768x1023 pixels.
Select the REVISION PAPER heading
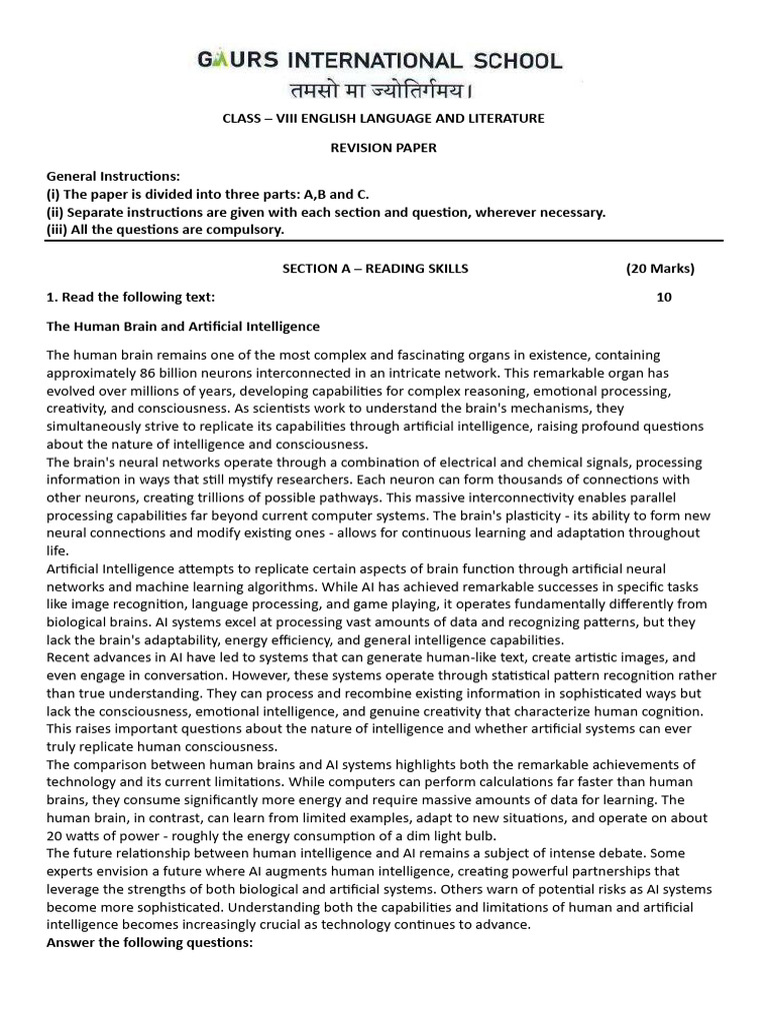(x=383, y=148)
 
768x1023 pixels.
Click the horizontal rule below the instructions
(x=384, y=241)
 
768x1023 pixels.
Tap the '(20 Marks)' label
(x=659, y=269)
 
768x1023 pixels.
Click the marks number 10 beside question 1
(x=664, y=297)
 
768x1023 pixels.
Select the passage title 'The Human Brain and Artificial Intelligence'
(x=183, y=326)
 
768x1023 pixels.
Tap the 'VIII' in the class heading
(x=285, y=119)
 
